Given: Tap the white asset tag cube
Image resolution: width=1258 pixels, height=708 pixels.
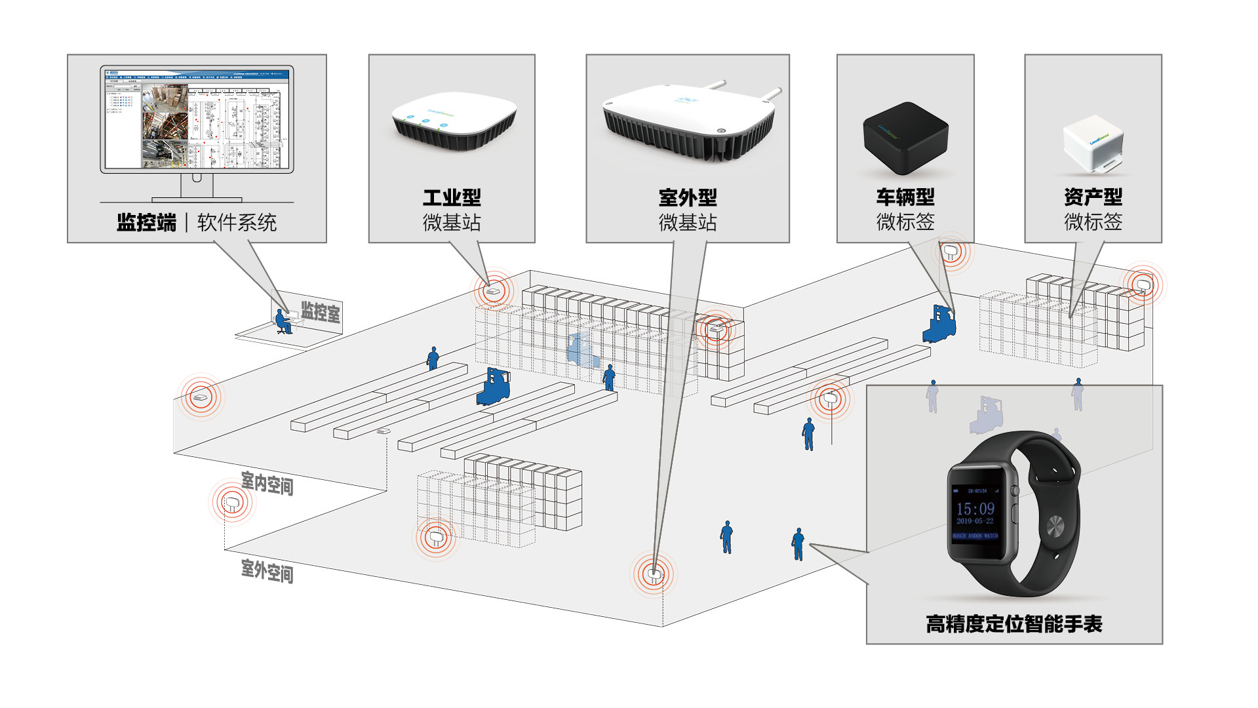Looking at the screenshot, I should [x=1093, y=145].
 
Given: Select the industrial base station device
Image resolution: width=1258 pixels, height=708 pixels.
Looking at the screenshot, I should [x=454, y=123].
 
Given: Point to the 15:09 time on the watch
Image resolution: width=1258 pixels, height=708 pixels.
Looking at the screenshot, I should [x=975, y=509].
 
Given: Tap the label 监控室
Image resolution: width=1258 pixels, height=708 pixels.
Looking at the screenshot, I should [x=321, y=312].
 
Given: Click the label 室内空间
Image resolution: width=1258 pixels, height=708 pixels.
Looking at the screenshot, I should [x=267, y=484].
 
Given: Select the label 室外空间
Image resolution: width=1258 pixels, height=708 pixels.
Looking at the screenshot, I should [x=267, y=570].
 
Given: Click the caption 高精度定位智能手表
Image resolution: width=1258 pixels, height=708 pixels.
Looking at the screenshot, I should [x=1013, y=623].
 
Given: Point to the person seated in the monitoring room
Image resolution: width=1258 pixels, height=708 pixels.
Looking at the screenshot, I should [x=283, y=322].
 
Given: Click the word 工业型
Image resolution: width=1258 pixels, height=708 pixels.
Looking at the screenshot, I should [x=452, y=197].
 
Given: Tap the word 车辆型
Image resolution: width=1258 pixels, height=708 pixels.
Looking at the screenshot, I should [x=905, y=197].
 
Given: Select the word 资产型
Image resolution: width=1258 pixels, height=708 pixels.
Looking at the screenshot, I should [x=1093, y=197].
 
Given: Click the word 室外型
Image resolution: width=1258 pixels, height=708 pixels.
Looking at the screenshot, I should [x=688, y=197].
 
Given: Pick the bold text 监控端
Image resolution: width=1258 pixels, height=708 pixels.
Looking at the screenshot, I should [x=147, y=223].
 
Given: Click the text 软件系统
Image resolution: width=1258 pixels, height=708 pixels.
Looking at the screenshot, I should [x=237, y=223].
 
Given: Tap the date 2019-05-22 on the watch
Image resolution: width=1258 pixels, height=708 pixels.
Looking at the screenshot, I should [x=975, y=521].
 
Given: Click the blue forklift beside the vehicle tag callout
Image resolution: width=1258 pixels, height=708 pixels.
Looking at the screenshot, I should [x=939, y=324].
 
